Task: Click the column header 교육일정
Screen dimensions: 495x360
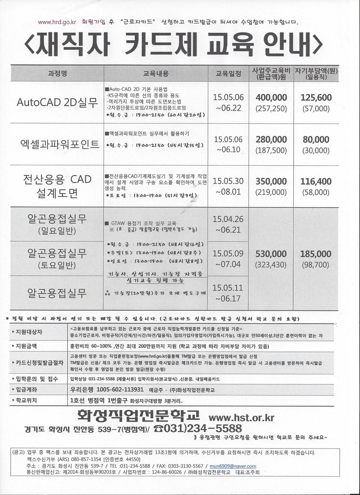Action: pos(228,74)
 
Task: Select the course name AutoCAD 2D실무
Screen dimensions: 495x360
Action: pos(57,103)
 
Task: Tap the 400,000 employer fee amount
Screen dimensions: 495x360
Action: pos(271,98)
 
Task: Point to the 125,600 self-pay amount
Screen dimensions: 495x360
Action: pos(316,98)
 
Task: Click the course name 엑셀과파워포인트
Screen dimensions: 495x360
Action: pos(60,144)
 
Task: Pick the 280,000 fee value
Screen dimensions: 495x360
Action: pos(271,140)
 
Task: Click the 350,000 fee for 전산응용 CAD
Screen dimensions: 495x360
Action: pos(271,181)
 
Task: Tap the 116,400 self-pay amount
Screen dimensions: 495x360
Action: pos(316,181)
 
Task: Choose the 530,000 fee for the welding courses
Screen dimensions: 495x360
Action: pos(271,254)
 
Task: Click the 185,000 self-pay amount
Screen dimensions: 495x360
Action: pos(316,254)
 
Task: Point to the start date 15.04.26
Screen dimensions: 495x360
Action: pos(228,219)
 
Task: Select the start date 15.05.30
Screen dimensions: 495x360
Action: pos(228,181)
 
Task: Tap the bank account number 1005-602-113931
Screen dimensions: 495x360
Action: pos(107,390)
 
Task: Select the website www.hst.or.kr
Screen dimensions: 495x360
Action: pos(241,418)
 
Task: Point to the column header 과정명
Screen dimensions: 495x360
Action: pos(57,73)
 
